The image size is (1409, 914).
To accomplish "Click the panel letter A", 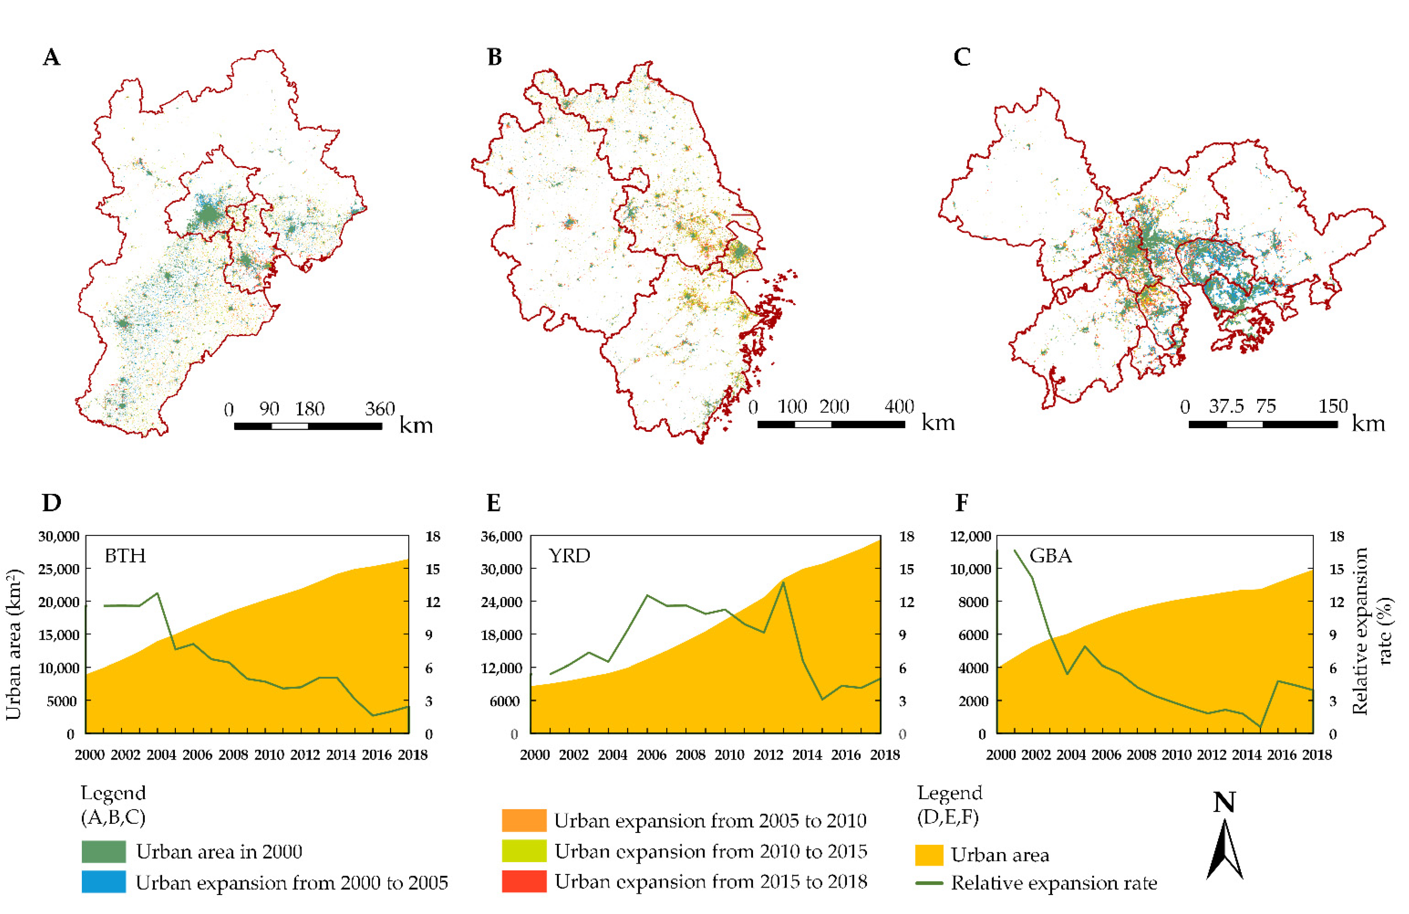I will (x=51, y=58).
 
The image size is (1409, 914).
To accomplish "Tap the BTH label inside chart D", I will (x=125, y=556).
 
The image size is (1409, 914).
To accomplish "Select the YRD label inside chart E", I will (x=569, y=556).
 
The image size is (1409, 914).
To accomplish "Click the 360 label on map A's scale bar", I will (x=380, y=409).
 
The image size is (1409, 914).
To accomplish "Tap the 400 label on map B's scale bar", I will (x=899, y=407).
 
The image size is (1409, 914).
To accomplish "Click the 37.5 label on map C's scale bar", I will (x=1226, y=407).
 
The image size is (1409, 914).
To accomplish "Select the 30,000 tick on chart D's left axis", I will (x=59, y=537).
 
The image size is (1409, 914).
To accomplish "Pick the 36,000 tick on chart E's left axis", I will (x=502, y=537).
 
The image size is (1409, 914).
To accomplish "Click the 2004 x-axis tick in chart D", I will (x=161, y=755).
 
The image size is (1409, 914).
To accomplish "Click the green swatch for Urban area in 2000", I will (x=104, y=851).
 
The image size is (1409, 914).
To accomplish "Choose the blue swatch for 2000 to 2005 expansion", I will (x=104, y=882).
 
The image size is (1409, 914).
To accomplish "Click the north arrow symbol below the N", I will (x=1224, y=849).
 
